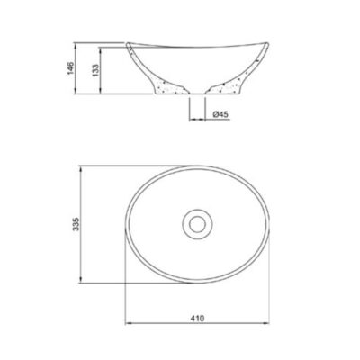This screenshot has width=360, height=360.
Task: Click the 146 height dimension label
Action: (71, 69)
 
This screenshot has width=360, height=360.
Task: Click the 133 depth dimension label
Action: (95, 71)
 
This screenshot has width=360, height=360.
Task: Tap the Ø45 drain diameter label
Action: (220, 114)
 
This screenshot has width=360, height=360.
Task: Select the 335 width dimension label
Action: (76, 224)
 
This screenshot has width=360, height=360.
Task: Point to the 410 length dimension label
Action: (197, 318)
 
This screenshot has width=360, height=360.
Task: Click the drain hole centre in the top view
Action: (197, 224)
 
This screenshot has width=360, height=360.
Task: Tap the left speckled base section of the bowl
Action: (170, 86)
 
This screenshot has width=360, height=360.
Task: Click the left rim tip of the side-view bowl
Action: (127, 44)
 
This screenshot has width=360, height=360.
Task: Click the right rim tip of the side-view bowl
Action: (267, 44)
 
